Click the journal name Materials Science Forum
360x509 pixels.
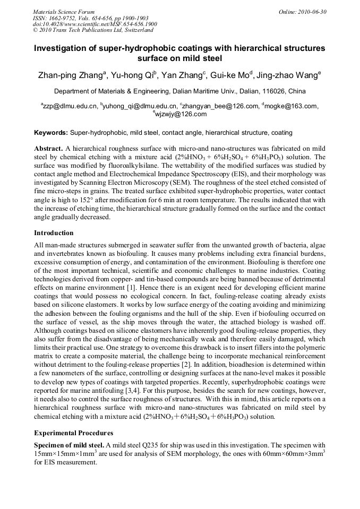[x=64, y=12]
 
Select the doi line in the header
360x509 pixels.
[x=95, y=24]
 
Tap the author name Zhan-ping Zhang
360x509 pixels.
[x=70, y=76]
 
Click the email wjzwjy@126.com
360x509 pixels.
[x=181, y=114]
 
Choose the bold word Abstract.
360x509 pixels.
[x=48, y=148]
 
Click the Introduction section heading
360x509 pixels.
[x=54, y=233]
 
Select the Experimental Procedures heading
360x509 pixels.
[x=73, y=433]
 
